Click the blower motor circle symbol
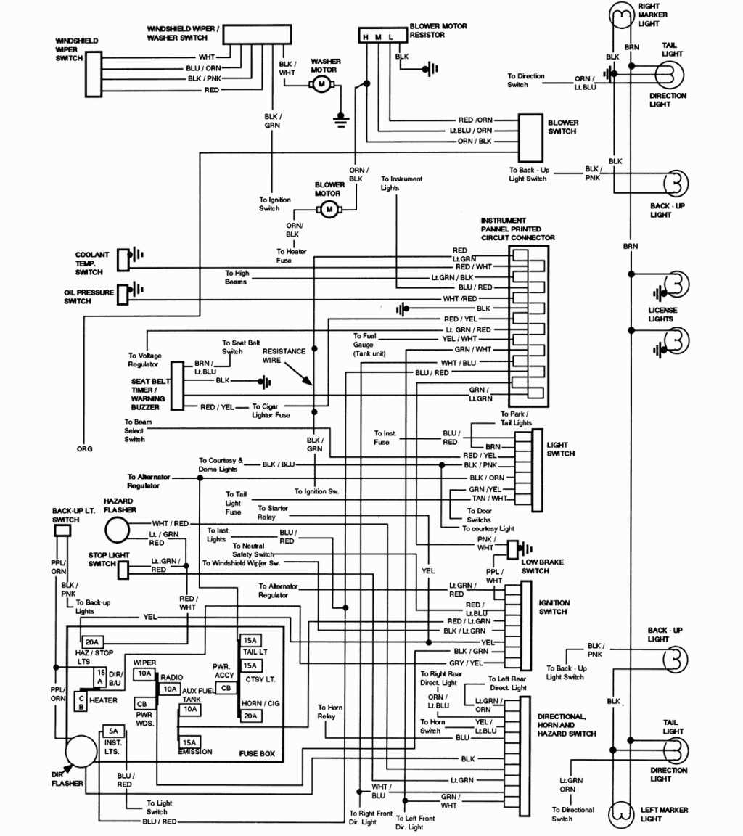328,210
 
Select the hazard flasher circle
117,530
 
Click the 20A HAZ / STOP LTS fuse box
92,642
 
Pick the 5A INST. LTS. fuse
112,731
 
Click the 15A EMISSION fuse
190,742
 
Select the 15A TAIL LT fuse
250,640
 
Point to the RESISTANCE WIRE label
284,355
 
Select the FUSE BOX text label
257,754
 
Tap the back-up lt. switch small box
62,531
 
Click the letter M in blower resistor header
378,36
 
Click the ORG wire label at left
84,448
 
